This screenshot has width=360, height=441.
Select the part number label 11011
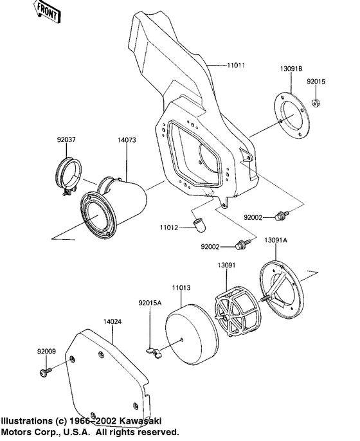tap(237, 66)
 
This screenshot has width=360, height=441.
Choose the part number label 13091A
tap(276, 239)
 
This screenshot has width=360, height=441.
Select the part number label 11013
tap(181, 289)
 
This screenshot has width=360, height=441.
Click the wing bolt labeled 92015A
tap(154, 350)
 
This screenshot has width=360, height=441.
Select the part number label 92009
tap(46, 351)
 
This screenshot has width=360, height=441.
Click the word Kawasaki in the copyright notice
tap(150, 420)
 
